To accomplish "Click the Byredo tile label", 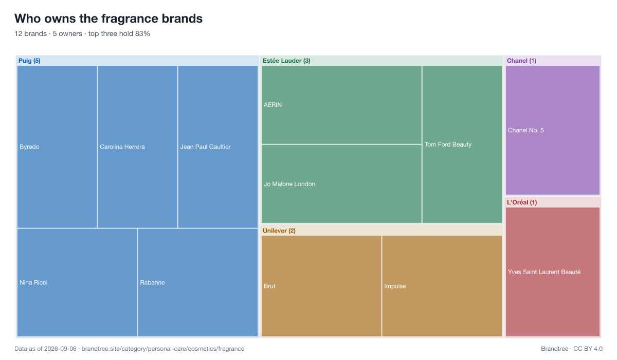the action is [x=29, y=147].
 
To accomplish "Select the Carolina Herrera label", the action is [x=122, y=147].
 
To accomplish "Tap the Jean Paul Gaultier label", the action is [x=205, y=147].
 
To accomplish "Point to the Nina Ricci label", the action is [x=33, y=283].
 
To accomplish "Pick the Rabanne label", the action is [x=152, y=283].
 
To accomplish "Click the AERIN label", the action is [x=273, y=105].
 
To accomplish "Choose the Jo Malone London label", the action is [x=289, y=184].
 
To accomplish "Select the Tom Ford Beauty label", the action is [x=448, y=145].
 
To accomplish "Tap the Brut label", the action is [x=269, y=286].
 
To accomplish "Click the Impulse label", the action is [x=395, y=286].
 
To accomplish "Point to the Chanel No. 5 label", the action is [x=525, y=130].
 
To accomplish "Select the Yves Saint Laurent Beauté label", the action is [x=544, y=272].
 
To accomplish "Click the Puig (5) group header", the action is [x=29, y=61].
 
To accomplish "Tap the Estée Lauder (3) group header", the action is [x=286, y=61].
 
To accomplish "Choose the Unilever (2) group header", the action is [x=279, y=230].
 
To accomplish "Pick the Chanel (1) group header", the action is [x=521, y=61].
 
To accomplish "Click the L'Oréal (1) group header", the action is [x=522, y=203].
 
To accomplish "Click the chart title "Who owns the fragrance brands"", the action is [x=108, y=19].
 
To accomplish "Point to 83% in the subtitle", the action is [x=142, y=33].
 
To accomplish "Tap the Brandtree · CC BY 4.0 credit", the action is [x=572, y=349].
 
